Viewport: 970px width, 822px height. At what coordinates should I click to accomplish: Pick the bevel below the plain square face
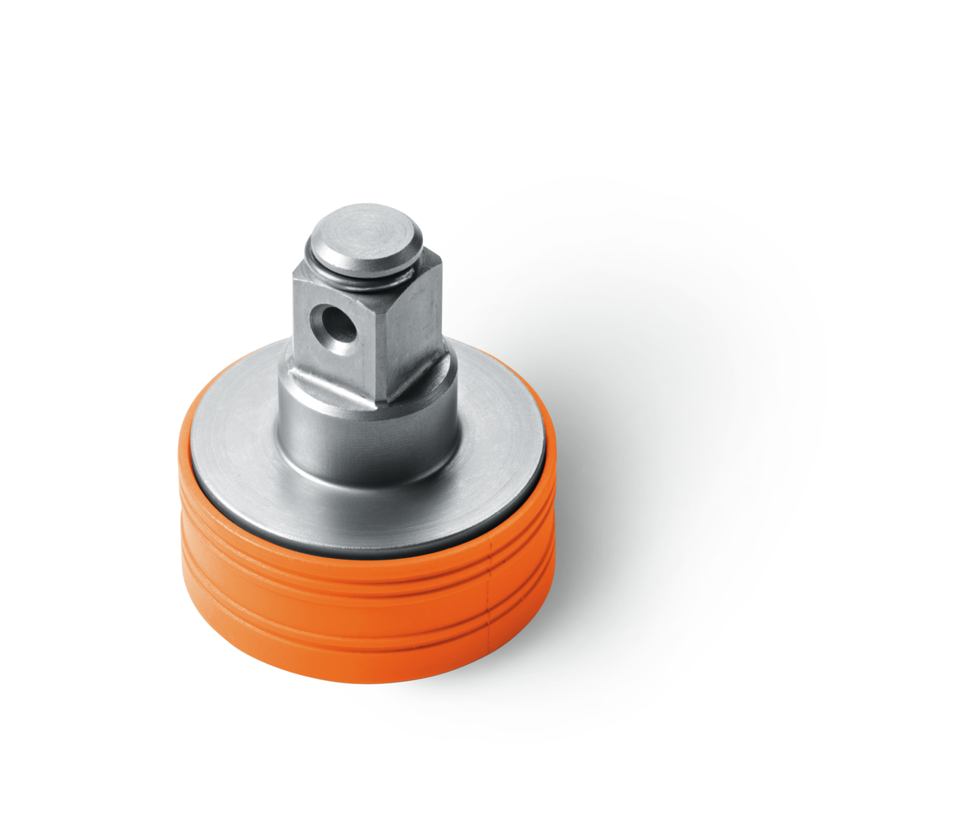pyautogui.click(x=413, y=375)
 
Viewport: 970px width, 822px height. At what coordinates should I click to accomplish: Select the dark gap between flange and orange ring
pyautogui.click(x=364, y=548)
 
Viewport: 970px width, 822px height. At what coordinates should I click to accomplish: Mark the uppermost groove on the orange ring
pyautogui.click(x=364, y=574)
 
